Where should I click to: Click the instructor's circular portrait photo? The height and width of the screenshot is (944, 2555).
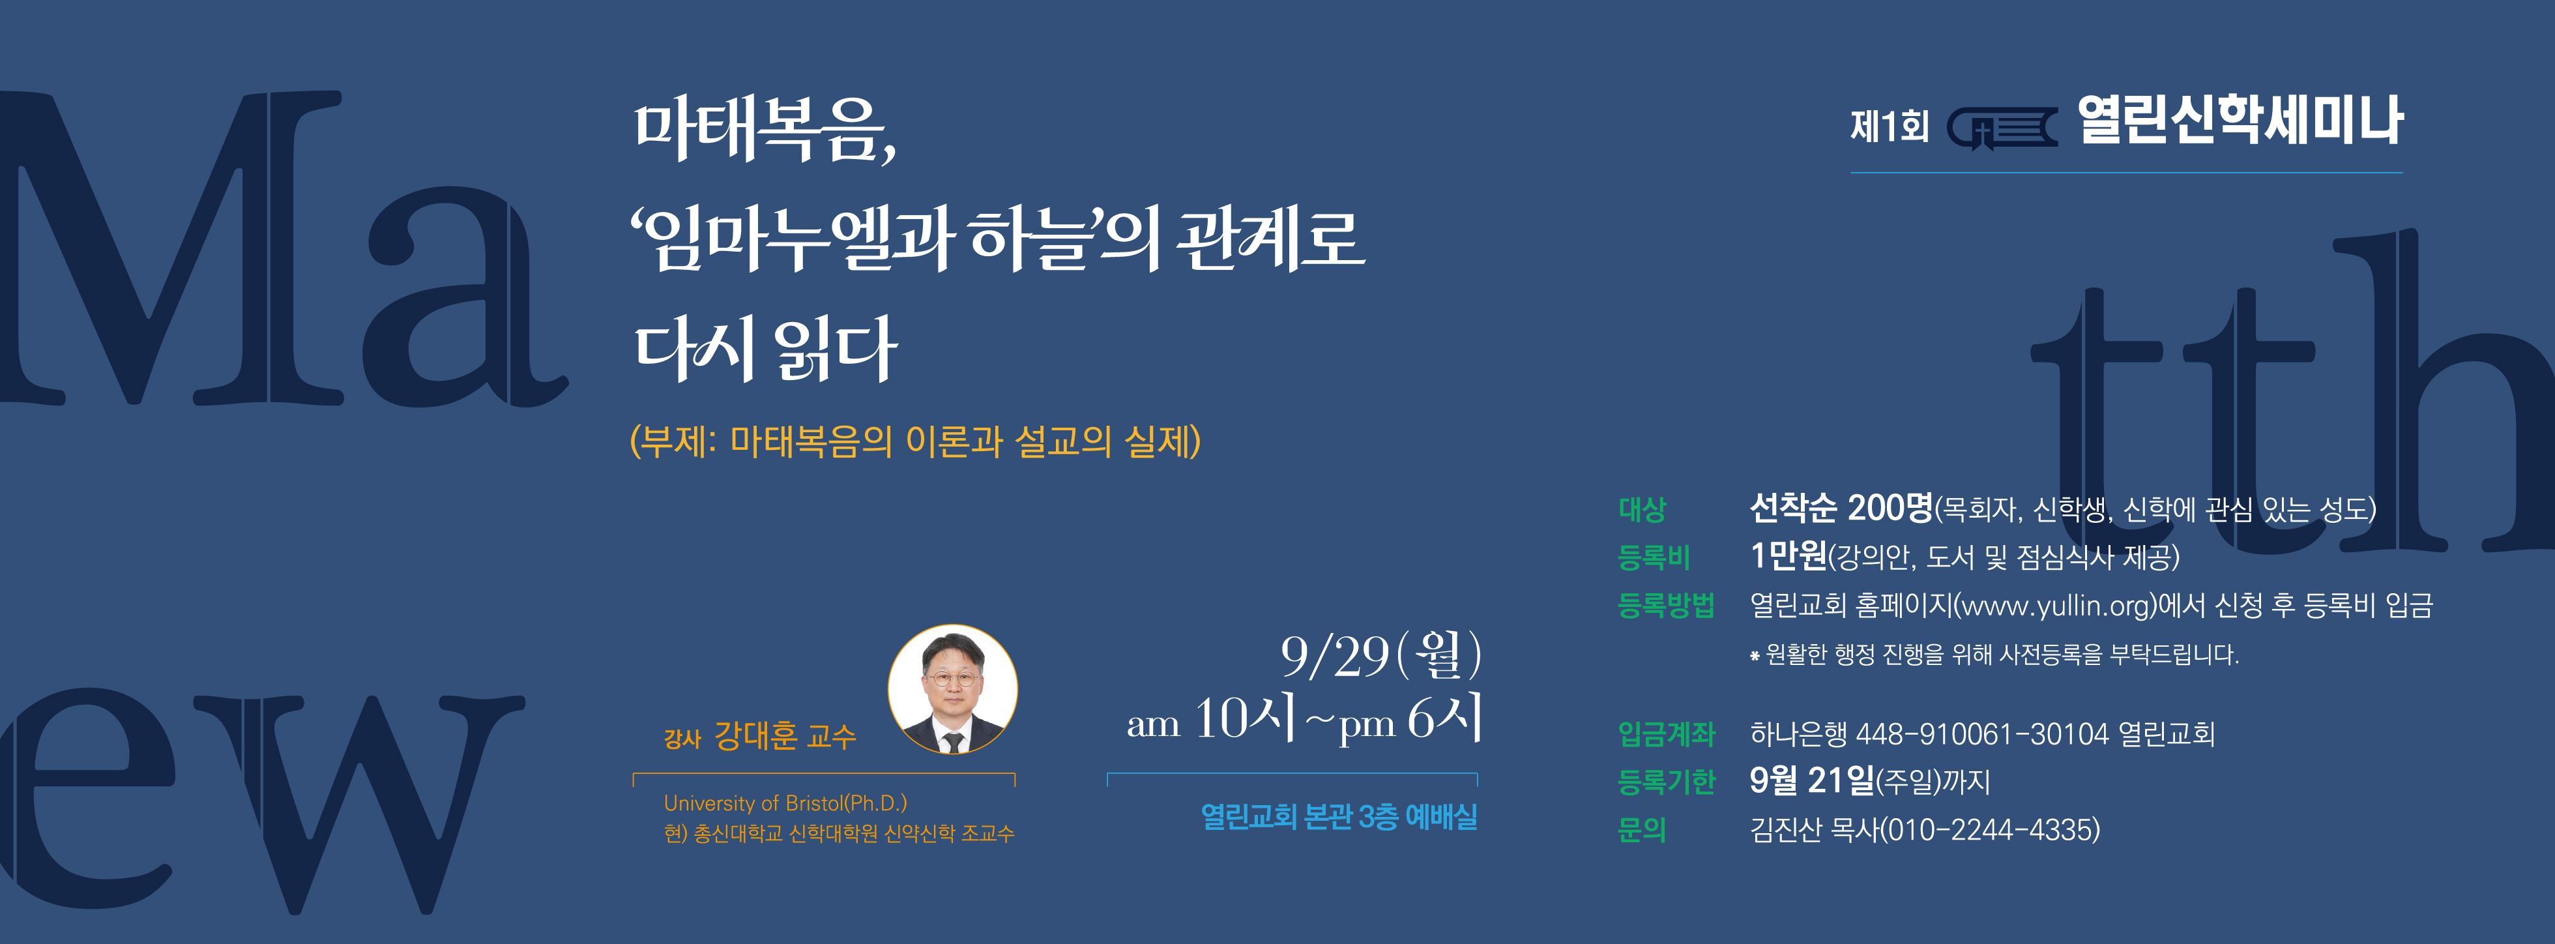(952, 689)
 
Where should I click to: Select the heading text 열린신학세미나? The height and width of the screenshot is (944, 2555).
(2240, 121)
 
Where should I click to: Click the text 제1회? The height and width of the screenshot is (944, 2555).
(1890, 126)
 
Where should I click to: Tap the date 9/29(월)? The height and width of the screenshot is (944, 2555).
(1380, 655)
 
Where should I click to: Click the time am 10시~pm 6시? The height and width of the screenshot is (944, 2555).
(1304, 719)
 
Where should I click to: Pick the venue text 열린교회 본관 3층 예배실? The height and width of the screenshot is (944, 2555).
(1339, 816)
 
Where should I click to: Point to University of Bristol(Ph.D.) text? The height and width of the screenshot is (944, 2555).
(785, 803)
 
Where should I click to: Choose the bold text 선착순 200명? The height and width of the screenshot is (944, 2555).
(1841, 508)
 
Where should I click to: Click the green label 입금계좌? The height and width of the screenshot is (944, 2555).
(1667, 734)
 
